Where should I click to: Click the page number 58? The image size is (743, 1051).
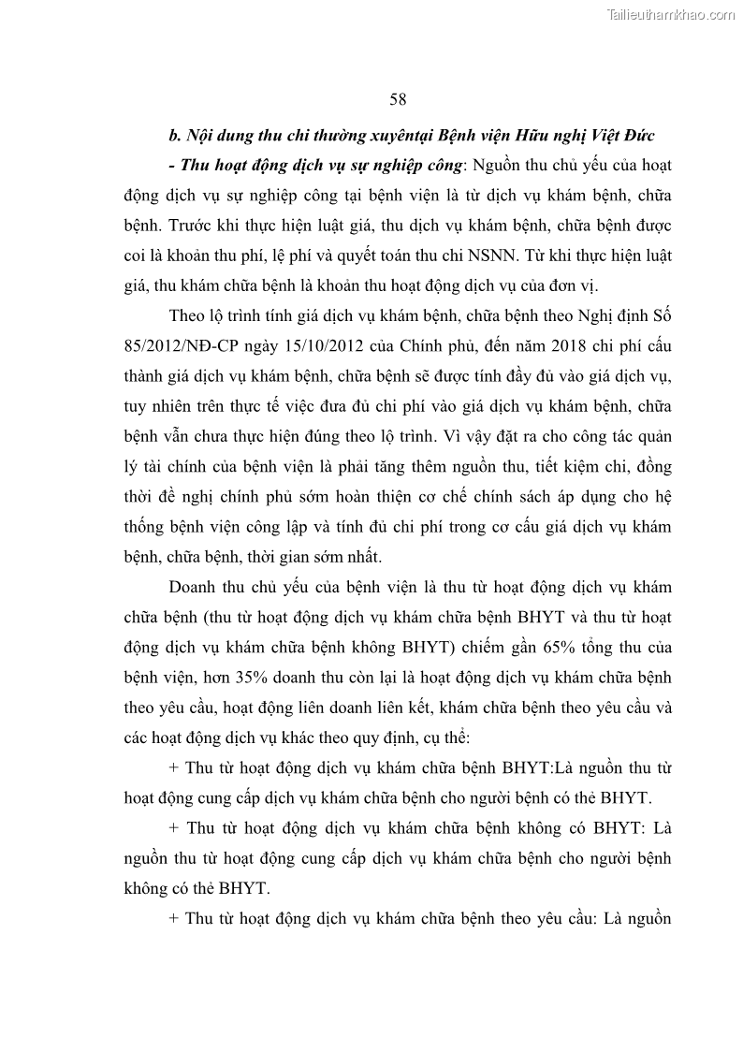[398, 99]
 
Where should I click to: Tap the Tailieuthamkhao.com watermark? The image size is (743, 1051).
[672, 14]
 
